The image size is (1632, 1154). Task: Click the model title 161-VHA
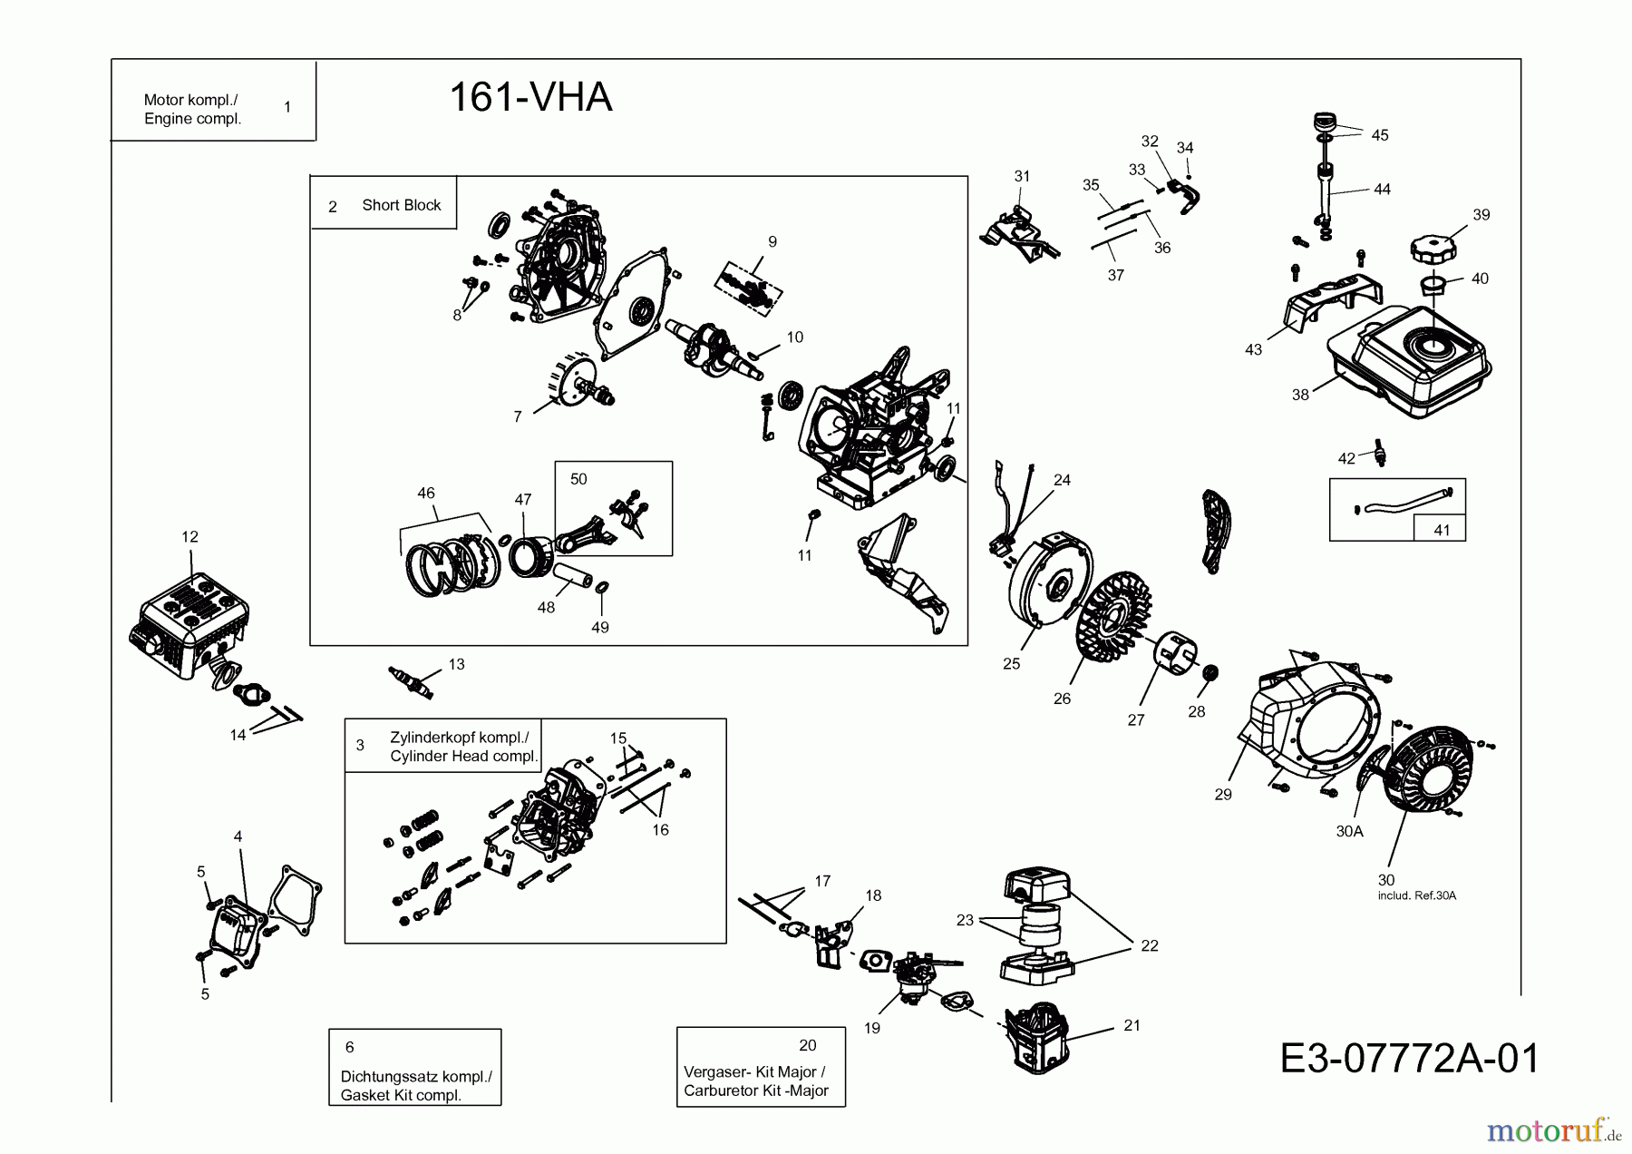pos(530,97)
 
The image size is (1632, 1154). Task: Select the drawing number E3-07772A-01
pos(1409,1059)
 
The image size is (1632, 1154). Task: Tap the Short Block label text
pos(401,205)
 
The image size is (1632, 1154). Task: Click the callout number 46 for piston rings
pos(426,494)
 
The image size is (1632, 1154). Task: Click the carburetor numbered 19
pos(907,975)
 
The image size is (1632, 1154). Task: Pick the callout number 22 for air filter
pos(1150,945)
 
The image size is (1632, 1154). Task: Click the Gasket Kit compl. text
pos(401,1095)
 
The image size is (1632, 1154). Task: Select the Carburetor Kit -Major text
pos(755,1090)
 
